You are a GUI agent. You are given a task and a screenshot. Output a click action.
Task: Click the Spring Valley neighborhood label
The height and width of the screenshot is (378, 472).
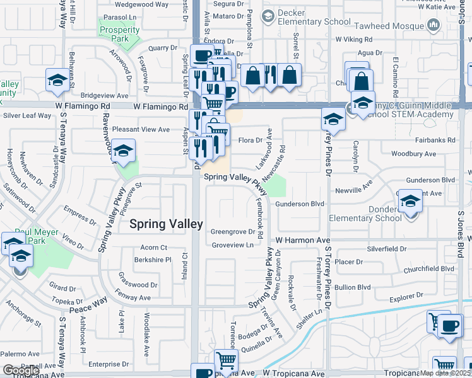(x=166, y=224)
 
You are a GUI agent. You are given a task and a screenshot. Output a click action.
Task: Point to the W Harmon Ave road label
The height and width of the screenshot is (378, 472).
(x=303, y=241)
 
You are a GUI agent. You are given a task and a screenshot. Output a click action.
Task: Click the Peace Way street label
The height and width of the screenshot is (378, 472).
(x=89, y=306)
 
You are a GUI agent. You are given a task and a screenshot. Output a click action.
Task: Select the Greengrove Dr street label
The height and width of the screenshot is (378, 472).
(x=232, y=231)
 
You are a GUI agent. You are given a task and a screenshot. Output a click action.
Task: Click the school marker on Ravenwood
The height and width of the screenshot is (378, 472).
(x=124, y=151)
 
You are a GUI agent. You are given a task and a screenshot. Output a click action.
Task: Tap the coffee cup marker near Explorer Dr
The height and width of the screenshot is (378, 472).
(x=450, y=326)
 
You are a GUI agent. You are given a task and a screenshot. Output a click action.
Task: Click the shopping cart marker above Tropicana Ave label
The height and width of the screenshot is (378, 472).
(x=225, y=360)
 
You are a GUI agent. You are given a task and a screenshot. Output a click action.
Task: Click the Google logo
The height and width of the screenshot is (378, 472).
(x=21, y=370)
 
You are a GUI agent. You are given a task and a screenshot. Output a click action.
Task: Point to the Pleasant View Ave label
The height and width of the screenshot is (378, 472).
(x=141, y=129)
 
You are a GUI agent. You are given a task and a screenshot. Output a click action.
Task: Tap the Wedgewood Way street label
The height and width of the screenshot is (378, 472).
(x=141, y=4)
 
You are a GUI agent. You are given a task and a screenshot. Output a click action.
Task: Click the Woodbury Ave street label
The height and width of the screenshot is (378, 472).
(x=413, y=154)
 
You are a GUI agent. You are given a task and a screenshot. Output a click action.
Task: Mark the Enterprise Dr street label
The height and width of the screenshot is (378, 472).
(x=108, y=364)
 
